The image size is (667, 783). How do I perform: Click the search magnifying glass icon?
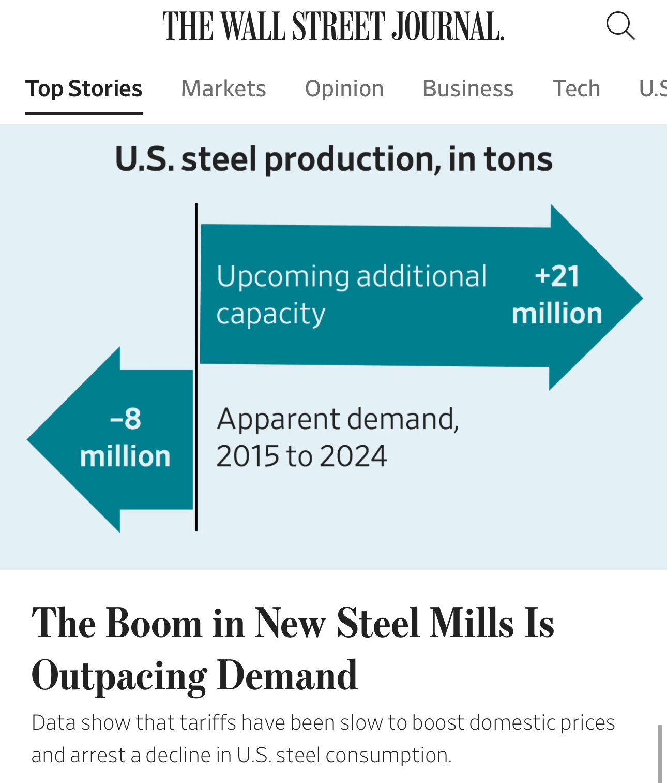pyautogui.click(x=620, y=26)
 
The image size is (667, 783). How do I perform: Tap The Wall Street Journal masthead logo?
pyautogui.click(x=333, y=26)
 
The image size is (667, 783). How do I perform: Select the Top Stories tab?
pyautogui.click(x=84, y=88)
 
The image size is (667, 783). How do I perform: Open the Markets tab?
pyautogui.click(x=223, y=88)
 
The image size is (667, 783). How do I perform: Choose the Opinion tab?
pyautogui.click(x=344, y=88)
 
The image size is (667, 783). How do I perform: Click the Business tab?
pyautogui.click(x=468, y=88)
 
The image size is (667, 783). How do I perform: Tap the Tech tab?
pyautogui.click(x=577, y=88)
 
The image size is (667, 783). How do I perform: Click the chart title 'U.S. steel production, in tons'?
pyautogui.click(x=333, y=159)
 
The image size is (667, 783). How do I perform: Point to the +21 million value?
pyautogui.click(x=557, y=294)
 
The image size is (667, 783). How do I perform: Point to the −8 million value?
pyautogui.click(x=125, y=437)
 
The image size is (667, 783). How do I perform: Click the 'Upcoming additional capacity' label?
pyautogui.click(x=351, y=294)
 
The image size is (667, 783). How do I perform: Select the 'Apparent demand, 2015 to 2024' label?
pyautogui.click(x=338, y=437)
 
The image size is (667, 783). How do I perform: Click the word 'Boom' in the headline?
pyautogui.click(x=154, y=623)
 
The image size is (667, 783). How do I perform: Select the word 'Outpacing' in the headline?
pyautogui.click(x=119, y=676)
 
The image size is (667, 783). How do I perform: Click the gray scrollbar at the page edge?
pyautogui.click(x=660, y=753)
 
